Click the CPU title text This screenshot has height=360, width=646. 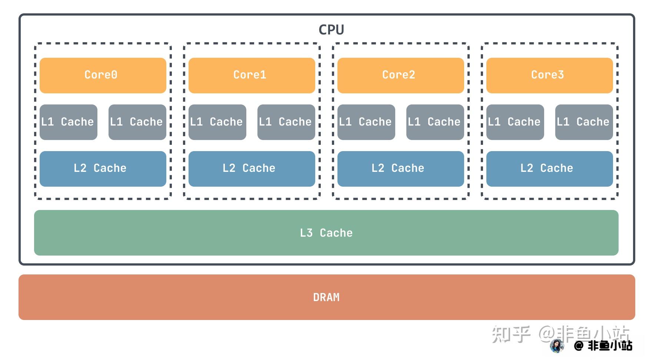point(331,30)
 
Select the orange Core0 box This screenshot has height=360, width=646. point(103,75)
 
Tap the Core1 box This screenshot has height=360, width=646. point(252,75)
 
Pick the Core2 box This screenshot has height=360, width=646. point(400,75)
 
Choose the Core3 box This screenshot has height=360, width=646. point(549,75)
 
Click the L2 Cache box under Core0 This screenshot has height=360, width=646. point(103,169)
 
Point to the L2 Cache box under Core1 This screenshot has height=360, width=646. point(252,169)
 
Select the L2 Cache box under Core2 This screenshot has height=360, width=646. point(400,169)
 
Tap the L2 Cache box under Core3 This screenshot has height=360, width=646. point(549,169)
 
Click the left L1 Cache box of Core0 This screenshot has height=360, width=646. point(68,122)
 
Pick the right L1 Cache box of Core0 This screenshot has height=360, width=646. point(137,122)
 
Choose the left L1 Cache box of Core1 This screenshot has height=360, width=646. point(217,122)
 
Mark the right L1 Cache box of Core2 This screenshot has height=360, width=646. point(435,122)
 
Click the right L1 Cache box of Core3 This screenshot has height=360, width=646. point(584,122)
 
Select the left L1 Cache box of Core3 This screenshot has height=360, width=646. point(515,122)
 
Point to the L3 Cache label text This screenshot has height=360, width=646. point(326,233)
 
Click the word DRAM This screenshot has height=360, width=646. point(326,297)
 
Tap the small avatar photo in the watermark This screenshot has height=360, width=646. point(557,346)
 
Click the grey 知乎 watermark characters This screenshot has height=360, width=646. point(511,334)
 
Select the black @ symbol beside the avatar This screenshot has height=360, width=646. point(579,346)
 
